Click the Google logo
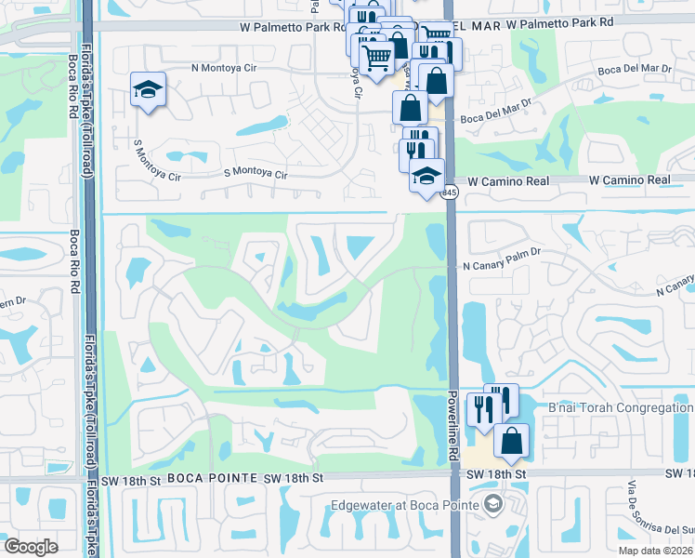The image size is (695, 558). tap(32, 546)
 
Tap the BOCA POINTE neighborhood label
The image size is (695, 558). tap(213, 477)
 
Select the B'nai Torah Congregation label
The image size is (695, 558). tap(621, 407)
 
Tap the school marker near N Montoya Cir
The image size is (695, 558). tap(148, 89)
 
